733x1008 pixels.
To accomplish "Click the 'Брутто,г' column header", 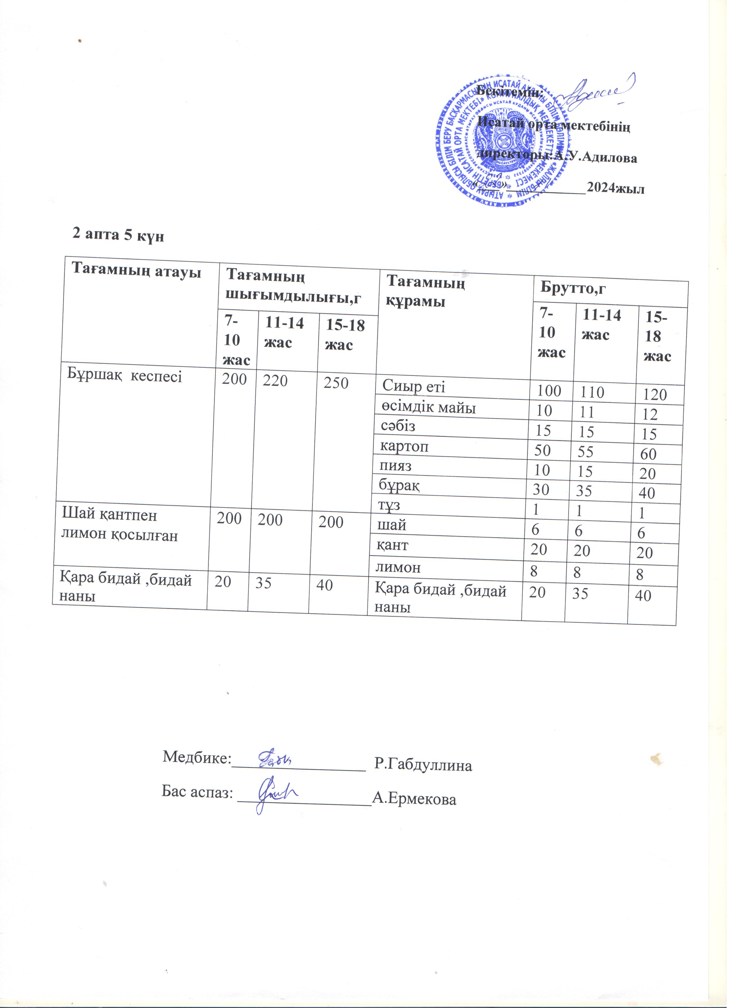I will point(573,288).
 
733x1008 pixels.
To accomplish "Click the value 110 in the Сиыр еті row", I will point(592,392).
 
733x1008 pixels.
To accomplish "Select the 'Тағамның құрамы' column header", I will point(426,292).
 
